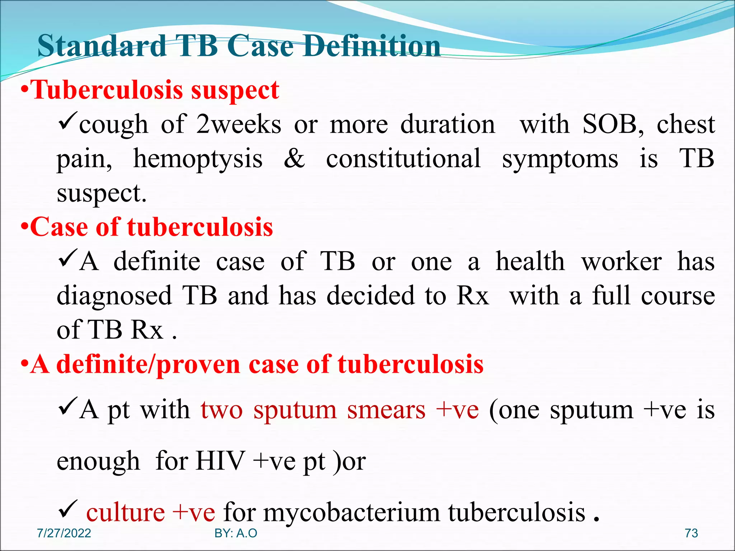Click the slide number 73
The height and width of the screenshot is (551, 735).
[x=691, y=533]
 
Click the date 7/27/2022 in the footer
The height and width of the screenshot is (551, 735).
[x=64, y=533]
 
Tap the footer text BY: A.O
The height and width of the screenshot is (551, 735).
[x=236, y=533]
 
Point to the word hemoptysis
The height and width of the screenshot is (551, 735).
[x=198, y=159]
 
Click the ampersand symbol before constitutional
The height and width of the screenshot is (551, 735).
[x=294, y=159]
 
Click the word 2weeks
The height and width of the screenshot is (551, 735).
[x=239, y=125]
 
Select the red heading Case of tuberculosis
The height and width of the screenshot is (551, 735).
[x=151, y=227]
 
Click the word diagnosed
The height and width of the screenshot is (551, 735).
[x=114, y=296]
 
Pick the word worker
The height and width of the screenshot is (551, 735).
[x=622, y=262]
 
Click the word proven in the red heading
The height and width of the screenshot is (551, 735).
[x=198, y=364]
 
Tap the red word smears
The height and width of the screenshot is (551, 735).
[x=386, y=410]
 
